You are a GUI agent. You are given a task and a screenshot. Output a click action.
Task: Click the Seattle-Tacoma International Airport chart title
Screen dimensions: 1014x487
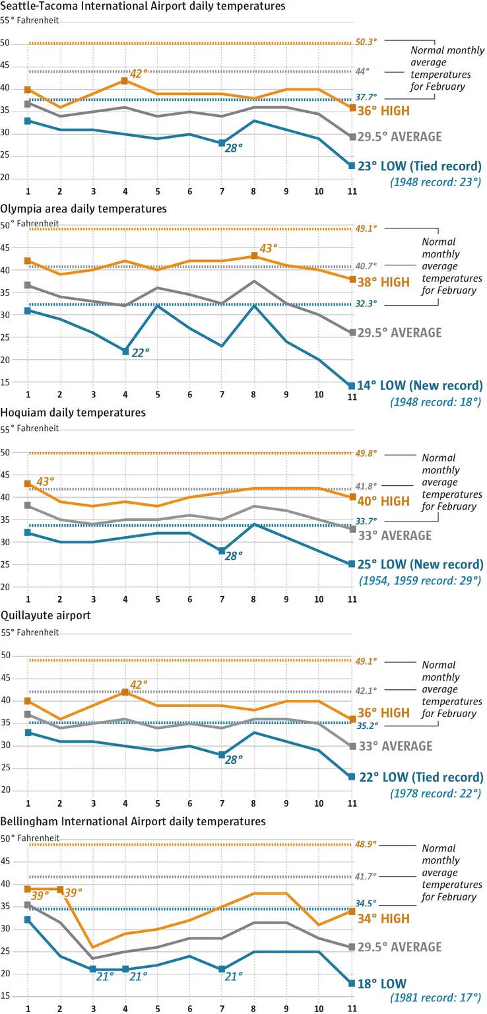click(x=143, y=7)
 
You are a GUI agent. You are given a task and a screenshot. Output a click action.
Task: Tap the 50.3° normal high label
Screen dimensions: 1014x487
click(x=366, y=41)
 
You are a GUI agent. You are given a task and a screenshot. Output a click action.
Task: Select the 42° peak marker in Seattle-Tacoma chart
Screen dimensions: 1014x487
click(x=125, y=81)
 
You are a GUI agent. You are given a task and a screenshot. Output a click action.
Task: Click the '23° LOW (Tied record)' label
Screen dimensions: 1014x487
click(x=420, y=167)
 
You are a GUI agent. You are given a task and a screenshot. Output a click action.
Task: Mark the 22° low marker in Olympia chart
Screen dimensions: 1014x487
click(x=125, y=351)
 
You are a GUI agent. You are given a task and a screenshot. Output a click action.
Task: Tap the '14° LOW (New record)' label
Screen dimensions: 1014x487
click(x=420, y=386)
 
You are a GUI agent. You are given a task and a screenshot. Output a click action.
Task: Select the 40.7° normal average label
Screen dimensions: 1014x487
click(x=366, y=266)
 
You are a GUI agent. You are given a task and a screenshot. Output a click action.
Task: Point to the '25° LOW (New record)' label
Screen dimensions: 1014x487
click(x=420, y=564)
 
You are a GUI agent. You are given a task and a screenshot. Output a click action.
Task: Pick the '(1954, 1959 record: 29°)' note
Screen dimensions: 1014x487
click(x=418, y=580)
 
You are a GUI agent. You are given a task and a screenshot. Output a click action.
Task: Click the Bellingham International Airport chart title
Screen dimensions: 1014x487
click(x=133, y=821)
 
